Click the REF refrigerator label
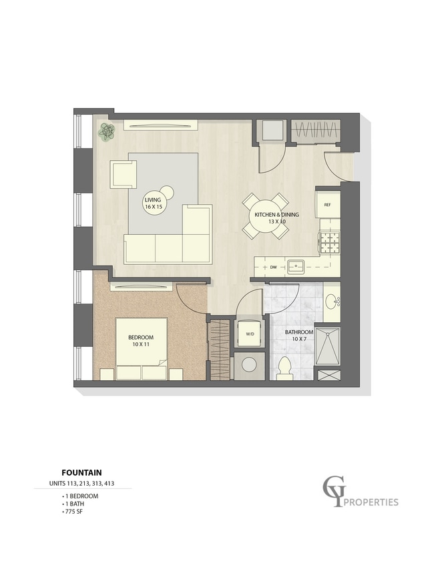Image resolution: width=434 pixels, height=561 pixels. coord(327,205)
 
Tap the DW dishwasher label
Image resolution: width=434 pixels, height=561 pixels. coord(274,267)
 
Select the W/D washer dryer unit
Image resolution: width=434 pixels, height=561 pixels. coord(250,334)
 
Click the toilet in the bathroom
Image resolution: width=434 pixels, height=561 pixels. coord(285,368)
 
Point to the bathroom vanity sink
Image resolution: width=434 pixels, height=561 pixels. coord(332,302)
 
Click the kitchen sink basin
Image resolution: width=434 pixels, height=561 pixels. coord(296,267)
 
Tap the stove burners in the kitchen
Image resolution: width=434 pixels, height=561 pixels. coord(329,243)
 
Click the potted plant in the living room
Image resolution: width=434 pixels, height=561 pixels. coord(107,131)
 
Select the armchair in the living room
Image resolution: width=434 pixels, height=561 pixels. coord(123,174)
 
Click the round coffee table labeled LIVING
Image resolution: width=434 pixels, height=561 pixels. coord(154,203)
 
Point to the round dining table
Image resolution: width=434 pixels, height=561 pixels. coord(265,216)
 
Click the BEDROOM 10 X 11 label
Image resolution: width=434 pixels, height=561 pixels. coord(141,341)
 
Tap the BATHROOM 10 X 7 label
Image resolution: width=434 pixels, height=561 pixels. coord(299,336)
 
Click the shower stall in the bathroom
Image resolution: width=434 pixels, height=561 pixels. coord(327,346)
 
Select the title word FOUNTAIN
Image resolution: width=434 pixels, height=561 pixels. coord(81,473)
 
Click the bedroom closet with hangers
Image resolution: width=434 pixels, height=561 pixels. coord(220,350)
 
